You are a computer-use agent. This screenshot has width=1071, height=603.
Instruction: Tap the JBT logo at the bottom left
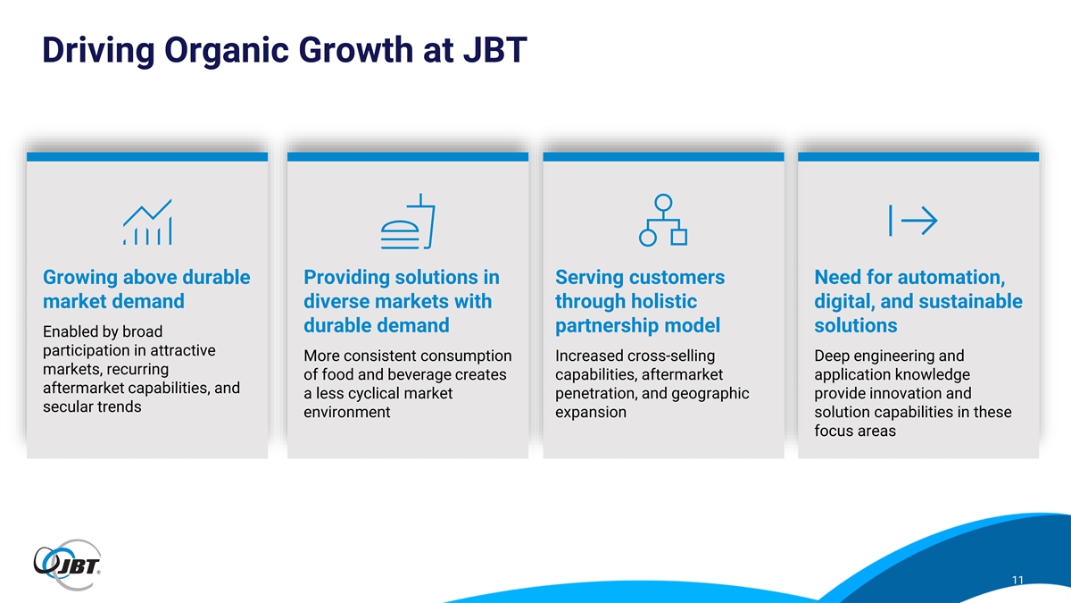tap(67, 565)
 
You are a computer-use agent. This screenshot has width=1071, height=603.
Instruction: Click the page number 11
tap(1017, 580)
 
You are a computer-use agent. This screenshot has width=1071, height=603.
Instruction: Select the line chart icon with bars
tap(147, 222)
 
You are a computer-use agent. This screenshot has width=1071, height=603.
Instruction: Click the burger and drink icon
tap(408, 222)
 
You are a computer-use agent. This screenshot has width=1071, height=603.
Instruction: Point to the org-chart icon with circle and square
tap(663, 220)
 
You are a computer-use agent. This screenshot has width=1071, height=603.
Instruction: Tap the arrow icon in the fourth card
tap(913, 221)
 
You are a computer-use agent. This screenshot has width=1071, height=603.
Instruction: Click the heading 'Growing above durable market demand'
tap(146, 289)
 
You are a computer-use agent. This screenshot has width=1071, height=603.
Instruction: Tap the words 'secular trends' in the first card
tap(92, 406)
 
